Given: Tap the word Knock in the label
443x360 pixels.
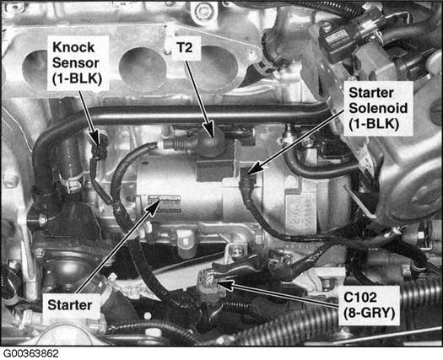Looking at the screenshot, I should coord(79,46).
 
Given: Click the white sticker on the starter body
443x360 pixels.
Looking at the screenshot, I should coord(165,203).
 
